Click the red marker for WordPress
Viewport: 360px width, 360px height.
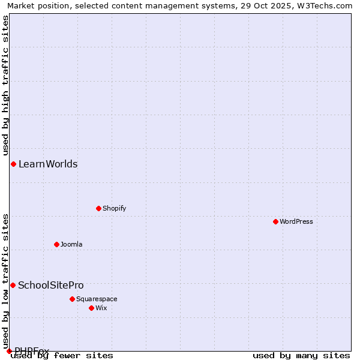[275, 221]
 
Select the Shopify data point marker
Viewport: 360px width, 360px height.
[98, 208]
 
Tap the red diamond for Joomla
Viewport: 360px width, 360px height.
[56, 244]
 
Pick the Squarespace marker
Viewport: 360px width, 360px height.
[72, 299]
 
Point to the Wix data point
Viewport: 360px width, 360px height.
[91, 308]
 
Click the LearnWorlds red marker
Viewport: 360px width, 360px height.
[13, 164]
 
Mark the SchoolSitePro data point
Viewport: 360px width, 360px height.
[13, 285]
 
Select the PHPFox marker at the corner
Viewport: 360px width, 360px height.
[9, 351]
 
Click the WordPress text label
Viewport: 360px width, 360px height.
[296, 221]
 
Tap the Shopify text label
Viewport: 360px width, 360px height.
[114, 208]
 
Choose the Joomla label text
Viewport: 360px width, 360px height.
[71, 244]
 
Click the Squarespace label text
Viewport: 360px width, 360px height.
[97, 299]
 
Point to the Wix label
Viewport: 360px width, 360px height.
[101, 308]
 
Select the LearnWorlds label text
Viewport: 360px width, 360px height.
[48, 164]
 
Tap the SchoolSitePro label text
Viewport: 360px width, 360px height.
[51, 285]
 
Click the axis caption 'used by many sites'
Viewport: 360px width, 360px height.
[301, 356]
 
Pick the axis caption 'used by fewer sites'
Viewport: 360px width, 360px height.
[62, 356]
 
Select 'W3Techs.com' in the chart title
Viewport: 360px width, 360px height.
[329, 6]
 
